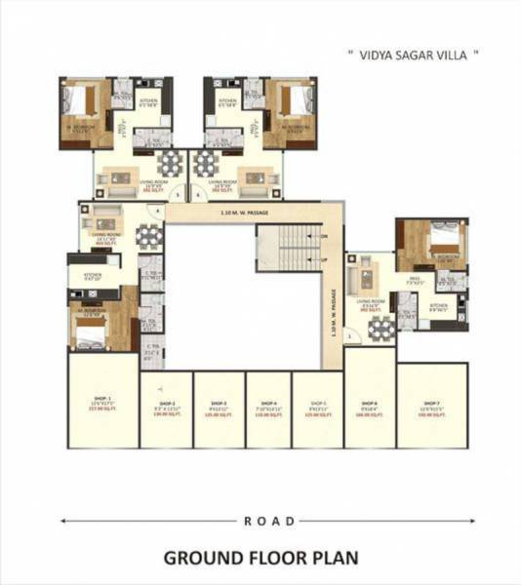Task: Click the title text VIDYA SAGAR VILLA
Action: click(x=414, y=56)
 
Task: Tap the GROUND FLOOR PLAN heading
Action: click(x=260, y=559)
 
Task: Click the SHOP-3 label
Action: click(x=219, y=403)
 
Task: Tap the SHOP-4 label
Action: click(x=268, y=403)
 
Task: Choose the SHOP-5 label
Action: click(x=318, y=403)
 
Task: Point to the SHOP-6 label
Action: click(x=369, y=403)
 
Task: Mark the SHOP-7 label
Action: click(x=431, y=403)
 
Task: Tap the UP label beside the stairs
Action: click(x=324, y=261)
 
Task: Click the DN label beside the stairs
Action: click(x=324, y=236)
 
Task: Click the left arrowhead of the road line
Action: click(x=65, y=522)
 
